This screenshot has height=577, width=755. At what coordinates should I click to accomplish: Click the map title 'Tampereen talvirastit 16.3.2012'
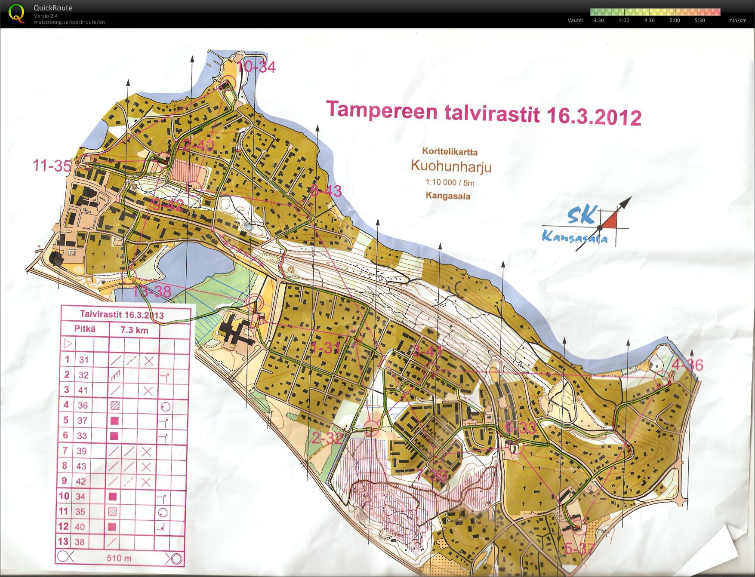(484, 113)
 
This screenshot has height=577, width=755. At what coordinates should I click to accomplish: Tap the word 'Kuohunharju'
(451, 166)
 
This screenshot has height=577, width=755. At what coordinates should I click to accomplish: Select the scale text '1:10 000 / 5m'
(450, 182)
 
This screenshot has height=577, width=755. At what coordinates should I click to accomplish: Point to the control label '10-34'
(256, 67)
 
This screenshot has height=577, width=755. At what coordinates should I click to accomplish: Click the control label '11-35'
(52, 166)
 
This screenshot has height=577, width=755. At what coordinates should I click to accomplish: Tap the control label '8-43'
(326, 190)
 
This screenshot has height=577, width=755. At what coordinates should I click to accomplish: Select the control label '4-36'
(687, 365)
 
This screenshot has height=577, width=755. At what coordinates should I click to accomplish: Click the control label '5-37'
(579, 549)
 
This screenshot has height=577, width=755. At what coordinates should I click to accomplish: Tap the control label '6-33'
(521, 427)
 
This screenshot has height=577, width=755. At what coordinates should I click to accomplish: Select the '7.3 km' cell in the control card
(134, 330)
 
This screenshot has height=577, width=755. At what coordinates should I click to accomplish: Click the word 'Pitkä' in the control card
(85, 329)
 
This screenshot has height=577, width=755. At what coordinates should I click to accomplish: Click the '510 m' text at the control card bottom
(119, 559)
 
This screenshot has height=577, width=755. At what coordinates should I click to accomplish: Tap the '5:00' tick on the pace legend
(675, 20)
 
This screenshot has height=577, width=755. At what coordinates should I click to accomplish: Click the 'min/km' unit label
(737, 20)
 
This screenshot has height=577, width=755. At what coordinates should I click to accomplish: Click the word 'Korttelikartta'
(450, 152)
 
